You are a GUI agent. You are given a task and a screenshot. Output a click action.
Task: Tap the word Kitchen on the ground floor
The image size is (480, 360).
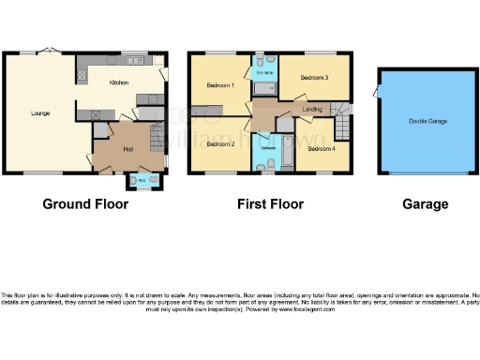point(119,82)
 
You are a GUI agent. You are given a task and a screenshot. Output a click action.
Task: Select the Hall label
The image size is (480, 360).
point(127,149)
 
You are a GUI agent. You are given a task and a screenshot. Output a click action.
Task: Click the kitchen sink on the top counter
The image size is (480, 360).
point(134,60)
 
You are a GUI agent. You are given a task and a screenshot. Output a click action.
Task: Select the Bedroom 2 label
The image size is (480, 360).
point(219,144)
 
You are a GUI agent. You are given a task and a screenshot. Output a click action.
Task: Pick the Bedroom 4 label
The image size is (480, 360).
point(321,148)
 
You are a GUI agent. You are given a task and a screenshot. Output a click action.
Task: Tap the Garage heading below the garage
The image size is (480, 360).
point(426,203)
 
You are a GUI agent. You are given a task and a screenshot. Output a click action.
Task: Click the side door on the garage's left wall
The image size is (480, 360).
point(375,92)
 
